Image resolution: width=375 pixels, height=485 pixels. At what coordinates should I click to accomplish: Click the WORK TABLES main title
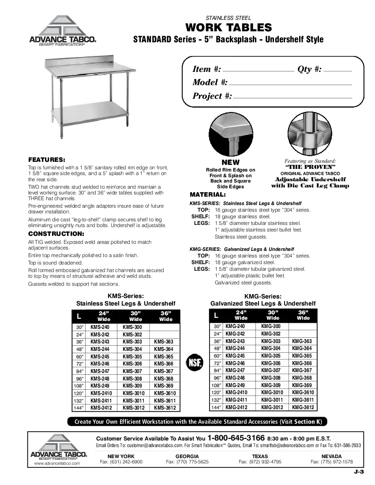[x=228, y=28]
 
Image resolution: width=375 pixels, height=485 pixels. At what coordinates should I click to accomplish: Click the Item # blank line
[x=259, y=70]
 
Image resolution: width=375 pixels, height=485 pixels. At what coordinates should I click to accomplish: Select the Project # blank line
[x=292, y=97]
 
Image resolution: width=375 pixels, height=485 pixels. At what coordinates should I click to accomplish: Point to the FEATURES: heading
[x=47, y=159]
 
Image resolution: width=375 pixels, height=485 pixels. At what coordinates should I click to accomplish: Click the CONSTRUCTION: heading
[x=56, y=234]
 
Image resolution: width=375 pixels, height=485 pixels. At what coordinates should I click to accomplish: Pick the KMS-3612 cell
[x=165, y=408]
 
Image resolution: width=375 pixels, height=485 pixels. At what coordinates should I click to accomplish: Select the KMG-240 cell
[x=235, y=327]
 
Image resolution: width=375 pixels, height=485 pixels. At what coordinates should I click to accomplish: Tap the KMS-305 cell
[x=132, y=356]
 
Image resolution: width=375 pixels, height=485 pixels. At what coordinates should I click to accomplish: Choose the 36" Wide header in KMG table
[x=304, y=315]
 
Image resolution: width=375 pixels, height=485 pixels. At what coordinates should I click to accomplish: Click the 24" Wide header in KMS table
[x=104, y=316]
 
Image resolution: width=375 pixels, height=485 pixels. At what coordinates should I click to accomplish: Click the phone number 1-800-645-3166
[x=236, y=438]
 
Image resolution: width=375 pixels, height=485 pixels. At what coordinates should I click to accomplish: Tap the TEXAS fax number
[x=260, y=462]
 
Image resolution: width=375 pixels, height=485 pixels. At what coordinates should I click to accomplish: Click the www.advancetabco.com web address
[x=56, y=463]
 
